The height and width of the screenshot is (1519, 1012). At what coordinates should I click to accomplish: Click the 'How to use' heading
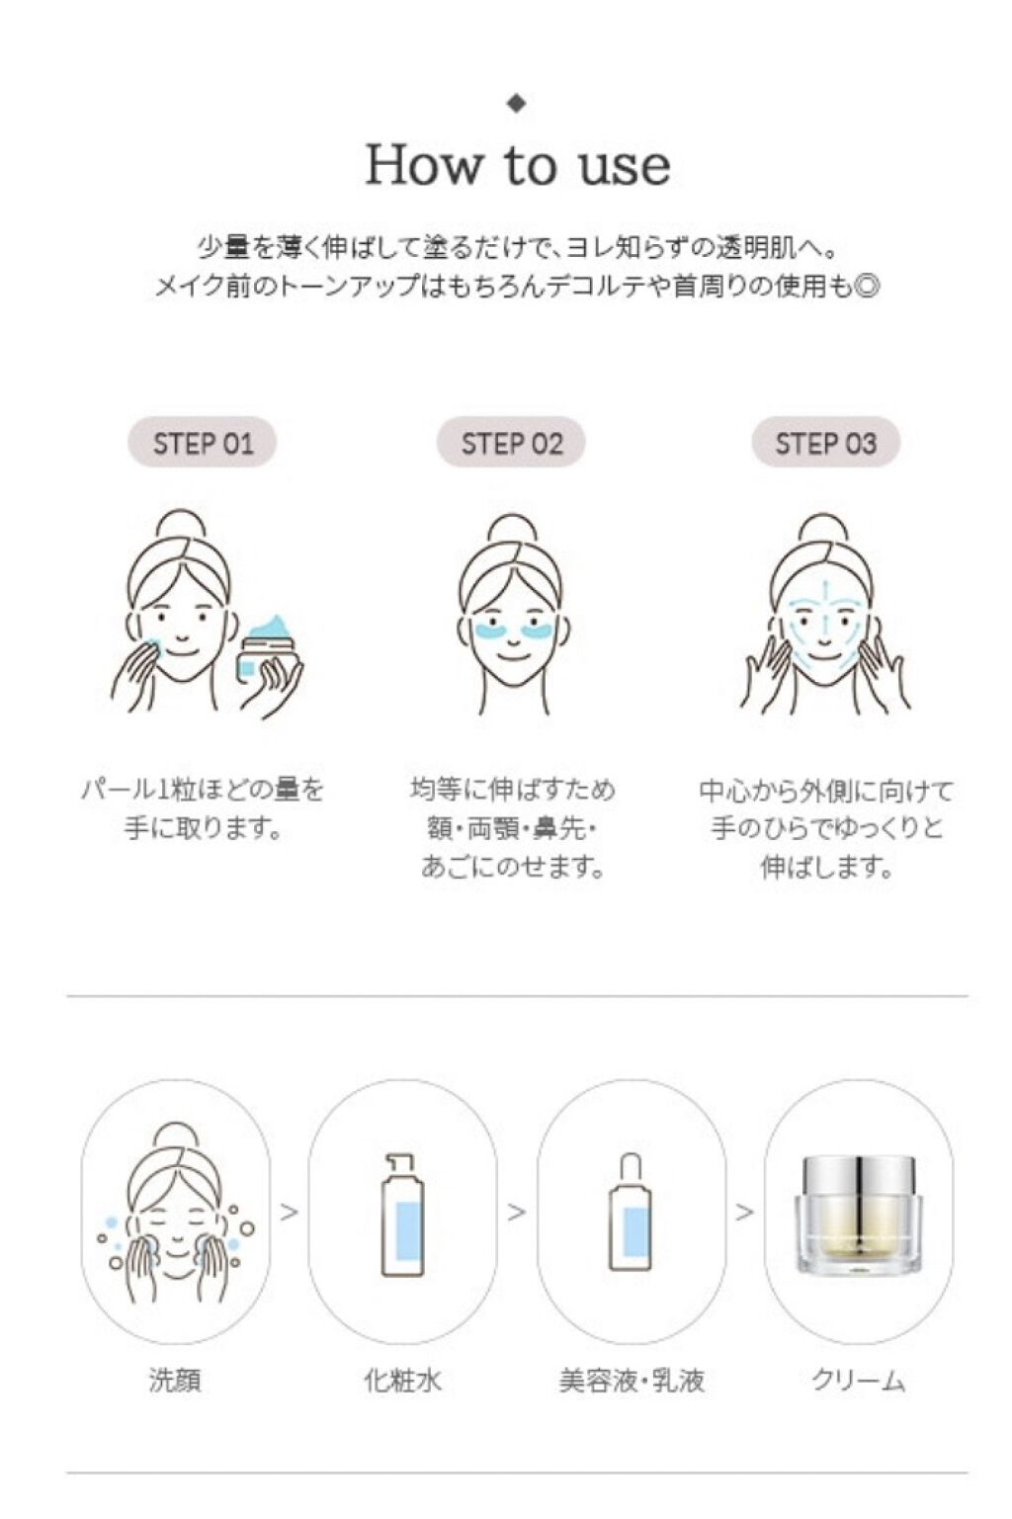tap(518, 165)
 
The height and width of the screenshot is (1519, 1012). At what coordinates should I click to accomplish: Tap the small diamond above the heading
tap(517, 103)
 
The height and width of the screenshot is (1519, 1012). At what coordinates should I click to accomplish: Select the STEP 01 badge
tap(203, 443)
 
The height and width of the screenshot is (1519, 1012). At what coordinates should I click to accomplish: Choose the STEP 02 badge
tap(511, 443)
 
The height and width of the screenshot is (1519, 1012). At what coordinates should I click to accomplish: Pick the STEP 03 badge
tap(825, 443)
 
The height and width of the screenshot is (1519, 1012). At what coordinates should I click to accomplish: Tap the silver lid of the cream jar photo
tap(859, 1178)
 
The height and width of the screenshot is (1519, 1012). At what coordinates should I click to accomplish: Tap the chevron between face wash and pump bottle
tap(290, 1212)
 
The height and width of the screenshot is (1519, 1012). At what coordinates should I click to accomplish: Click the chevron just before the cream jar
tap(745, 1212)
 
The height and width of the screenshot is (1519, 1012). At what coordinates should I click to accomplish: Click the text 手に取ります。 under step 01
tap(203, 828)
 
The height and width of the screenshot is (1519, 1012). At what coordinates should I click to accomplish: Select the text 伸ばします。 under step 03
tap(825, 867)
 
